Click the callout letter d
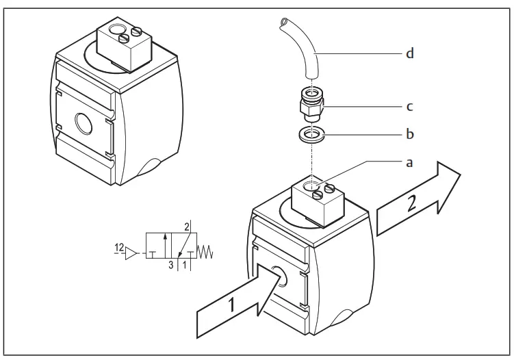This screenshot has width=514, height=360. (x=409, y=53)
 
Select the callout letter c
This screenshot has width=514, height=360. (x=409, y=107)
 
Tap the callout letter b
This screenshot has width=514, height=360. (x=409, y=134)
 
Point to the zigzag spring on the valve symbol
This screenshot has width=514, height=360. (x=206, y=253)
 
